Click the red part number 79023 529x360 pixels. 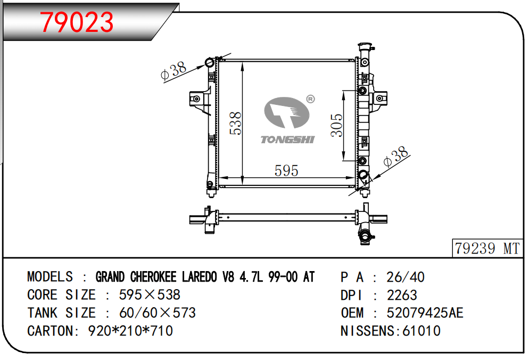click(77, 22)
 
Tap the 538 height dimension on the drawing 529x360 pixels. click(235, 123)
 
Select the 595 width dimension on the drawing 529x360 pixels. click(286, 170)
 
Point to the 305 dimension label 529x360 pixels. click(336, 125)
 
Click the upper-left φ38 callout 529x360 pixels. click(173, 71)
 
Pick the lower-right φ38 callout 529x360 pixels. click(396, 157)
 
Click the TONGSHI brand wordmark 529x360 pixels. click(287, 140)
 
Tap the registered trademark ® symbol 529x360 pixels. click(310, 99)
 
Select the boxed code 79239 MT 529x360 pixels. click(487, 249)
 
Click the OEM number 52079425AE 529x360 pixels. click(425, 313)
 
